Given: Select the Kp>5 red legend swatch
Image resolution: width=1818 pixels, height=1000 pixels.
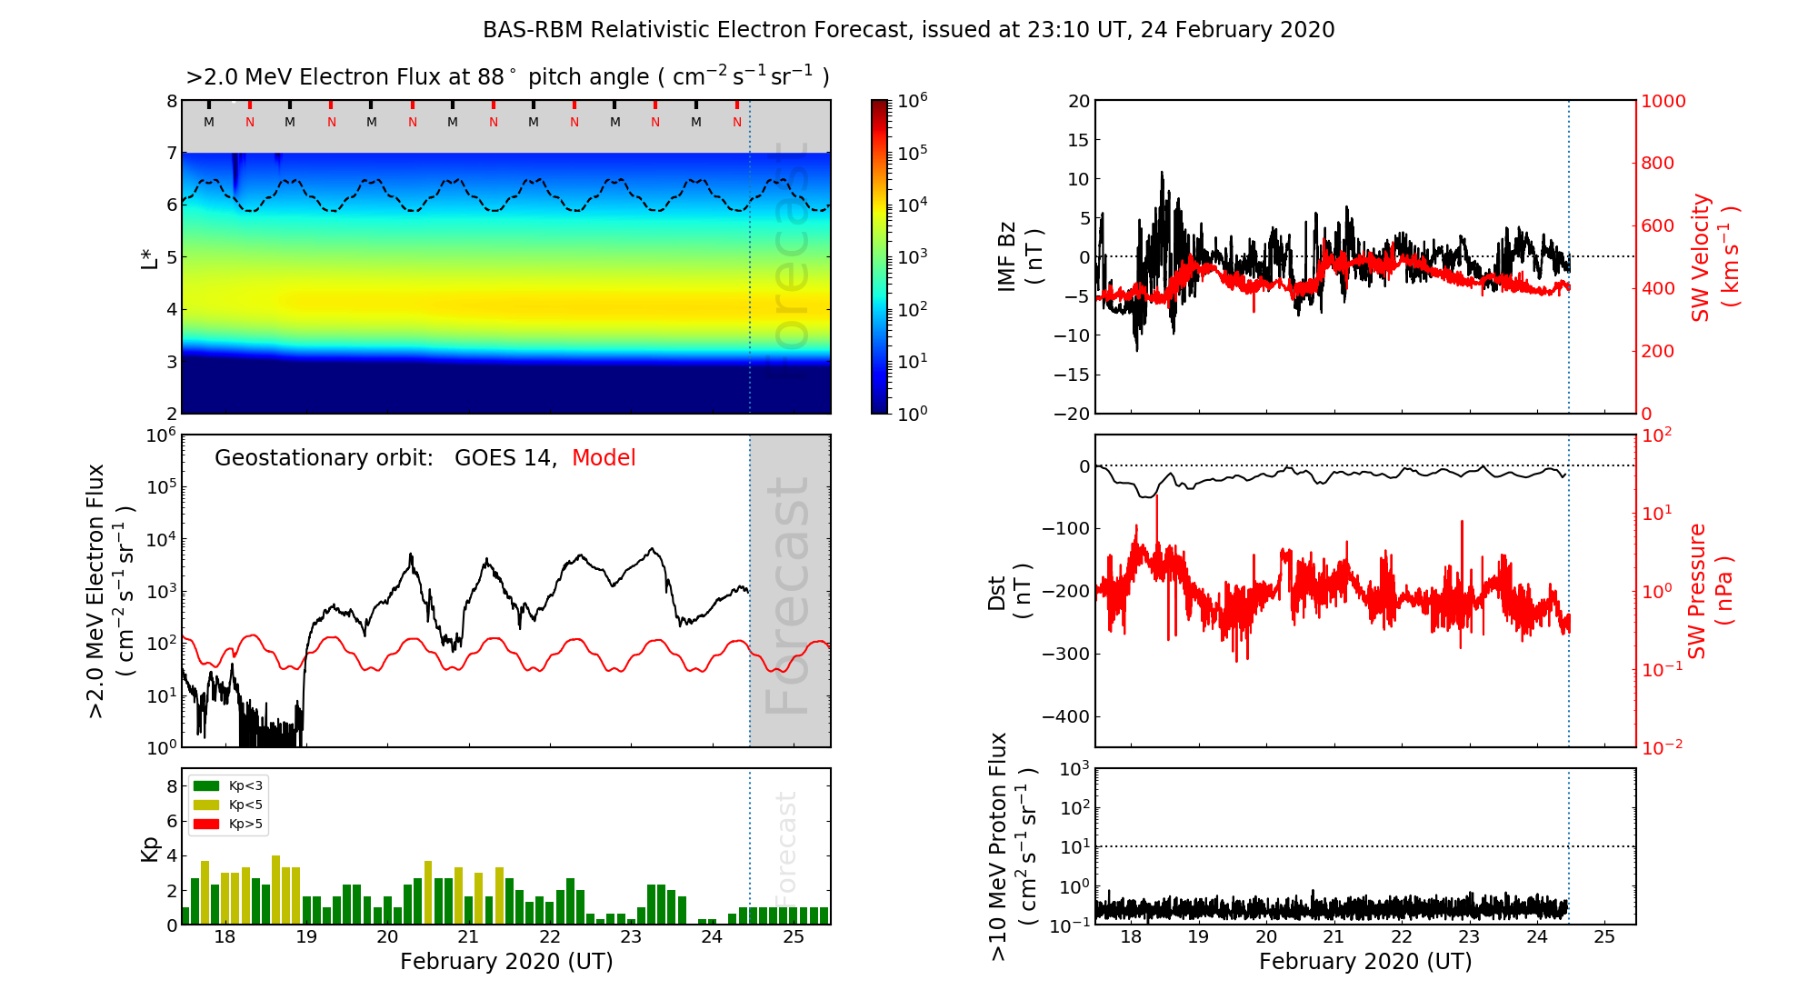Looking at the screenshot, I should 206,825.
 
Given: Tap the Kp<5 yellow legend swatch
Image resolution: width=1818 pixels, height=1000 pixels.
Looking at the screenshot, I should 206,805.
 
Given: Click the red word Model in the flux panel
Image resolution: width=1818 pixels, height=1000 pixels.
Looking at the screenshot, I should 604,458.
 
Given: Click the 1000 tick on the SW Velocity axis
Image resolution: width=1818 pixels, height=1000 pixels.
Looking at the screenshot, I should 1663,101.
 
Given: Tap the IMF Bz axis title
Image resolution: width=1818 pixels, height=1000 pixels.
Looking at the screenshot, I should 1020,256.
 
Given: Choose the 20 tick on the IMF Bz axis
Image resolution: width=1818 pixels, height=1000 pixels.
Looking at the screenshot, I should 1078,101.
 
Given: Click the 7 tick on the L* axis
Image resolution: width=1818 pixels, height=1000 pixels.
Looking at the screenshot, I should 171,153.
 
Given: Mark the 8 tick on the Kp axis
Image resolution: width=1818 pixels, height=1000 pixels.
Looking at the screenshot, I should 171,786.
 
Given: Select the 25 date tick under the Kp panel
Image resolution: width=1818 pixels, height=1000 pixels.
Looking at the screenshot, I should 793,937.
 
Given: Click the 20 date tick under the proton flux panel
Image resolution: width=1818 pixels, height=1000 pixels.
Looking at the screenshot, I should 1266,937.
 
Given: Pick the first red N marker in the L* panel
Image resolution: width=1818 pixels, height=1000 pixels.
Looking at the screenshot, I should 250,122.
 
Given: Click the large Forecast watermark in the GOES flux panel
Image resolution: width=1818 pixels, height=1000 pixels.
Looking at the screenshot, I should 787,595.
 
